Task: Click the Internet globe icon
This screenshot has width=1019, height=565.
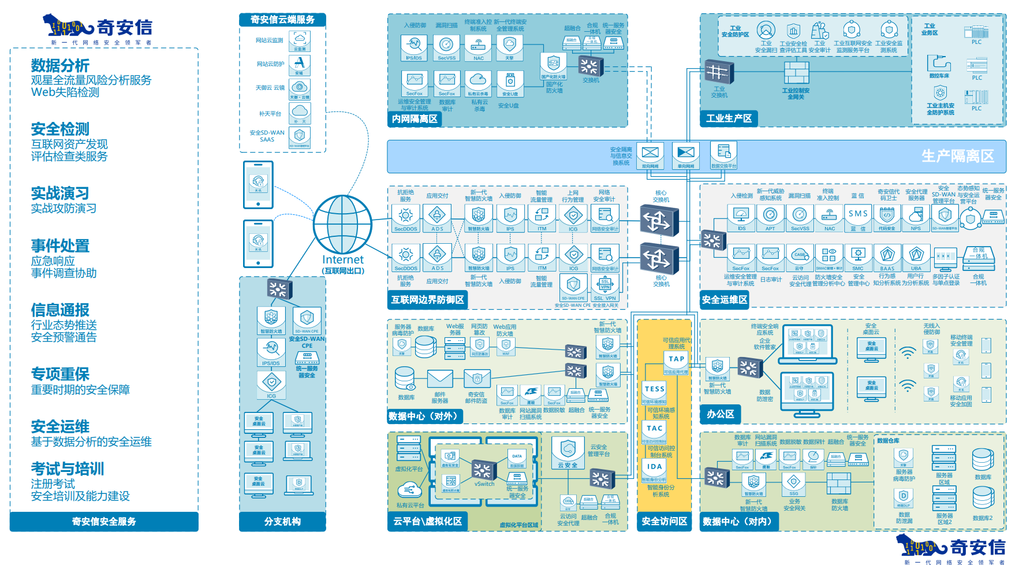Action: point(342,224)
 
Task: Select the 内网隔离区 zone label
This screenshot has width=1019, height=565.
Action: point(415,119)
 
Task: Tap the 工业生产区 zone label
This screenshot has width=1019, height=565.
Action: point(729,118)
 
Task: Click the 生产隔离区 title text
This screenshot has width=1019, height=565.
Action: point(957,156)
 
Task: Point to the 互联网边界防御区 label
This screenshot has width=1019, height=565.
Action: point(428,299)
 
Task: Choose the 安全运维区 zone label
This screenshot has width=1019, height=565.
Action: point(725,299)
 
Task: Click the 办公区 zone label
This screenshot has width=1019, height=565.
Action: point(721,414)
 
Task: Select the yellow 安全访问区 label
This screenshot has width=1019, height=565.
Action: point(665,521)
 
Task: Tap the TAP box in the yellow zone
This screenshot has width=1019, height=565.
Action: point(676,359)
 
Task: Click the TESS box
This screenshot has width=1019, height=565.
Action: point(654,389)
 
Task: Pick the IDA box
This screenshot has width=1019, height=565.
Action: point(654,467)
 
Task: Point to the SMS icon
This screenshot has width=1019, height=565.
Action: point(858,214)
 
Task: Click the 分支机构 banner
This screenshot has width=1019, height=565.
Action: point(282,521)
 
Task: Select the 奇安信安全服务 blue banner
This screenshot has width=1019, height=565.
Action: point(104,521)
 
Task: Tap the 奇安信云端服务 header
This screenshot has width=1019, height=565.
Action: point(282,20)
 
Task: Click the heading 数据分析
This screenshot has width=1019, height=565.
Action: point(60,65)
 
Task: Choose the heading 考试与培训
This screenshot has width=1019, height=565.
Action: point(68,469)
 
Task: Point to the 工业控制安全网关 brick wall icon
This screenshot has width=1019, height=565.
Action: point(796,73)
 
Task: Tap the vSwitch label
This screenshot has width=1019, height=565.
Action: point(484,484)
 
